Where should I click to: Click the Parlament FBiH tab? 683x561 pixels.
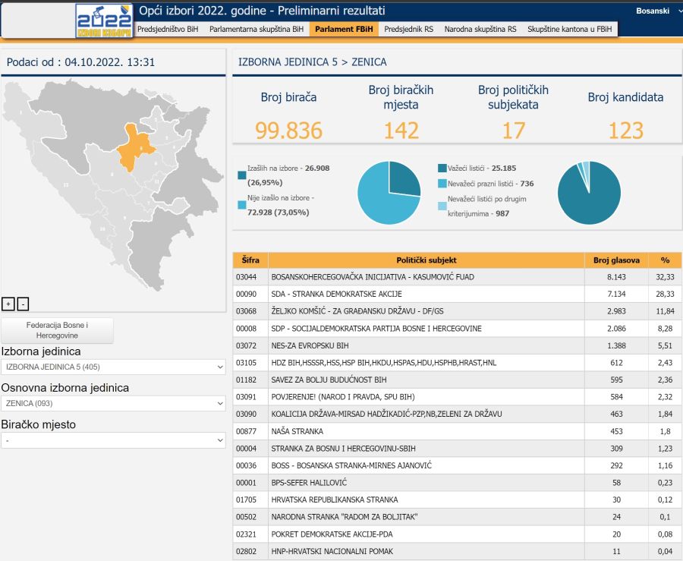click(344, 30)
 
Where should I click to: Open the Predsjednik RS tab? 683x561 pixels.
click(409, 30)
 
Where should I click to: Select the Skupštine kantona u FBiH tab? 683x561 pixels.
click(571, 30)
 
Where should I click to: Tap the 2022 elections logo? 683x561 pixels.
click(104, 20)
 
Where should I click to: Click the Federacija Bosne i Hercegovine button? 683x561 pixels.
click(57, 330)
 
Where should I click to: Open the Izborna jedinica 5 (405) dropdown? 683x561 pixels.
click(113, 367)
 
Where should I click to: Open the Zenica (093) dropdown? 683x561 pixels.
click(113, 403)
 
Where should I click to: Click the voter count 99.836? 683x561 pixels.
click(288, 131)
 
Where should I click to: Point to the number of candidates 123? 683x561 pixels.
click(625, 131)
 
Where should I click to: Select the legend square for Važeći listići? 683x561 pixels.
click(442, 168)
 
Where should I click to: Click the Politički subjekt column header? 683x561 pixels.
click(426, 260)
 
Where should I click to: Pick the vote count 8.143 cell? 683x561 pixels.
click(615, 277)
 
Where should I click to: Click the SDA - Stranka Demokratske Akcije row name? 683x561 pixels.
click(336, 294)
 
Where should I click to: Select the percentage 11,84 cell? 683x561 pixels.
click(665, 311)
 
